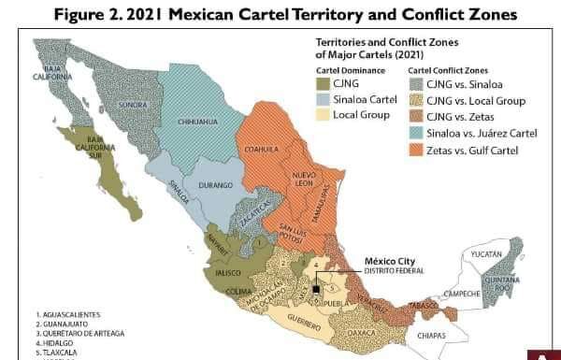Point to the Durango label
[x=218, y=186]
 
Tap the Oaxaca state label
[x=361, y=331]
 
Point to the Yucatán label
[x=487, y=253]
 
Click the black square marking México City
[x=317, y=290]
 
